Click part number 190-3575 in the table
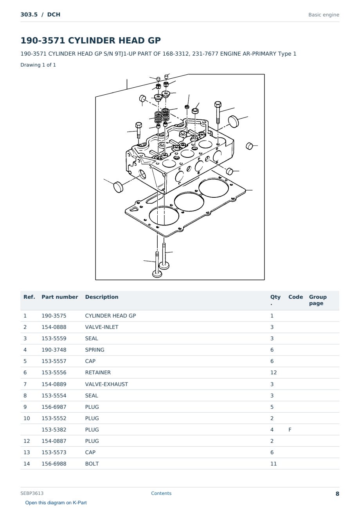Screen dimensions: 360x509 coord(54,316)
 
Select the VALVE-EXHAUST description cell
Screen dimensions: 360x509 coord(106,384)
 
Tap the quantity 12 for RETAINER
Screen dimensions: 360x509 coord(274,373)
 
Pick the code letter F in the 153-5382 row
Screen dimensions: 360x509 coord(290,430)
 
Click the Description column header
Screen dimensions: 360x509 coord(102,297)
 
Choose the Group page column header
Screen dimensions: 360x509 coord(318,300)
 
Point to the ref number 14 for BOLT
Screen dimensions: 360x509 coord(27,464)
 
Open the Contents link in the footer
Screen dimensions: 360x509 coord(161,493)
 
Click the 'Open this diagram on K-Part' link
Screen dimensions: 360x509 coord(56,503)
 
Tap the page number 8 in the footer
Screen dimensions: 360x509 coord(337,494)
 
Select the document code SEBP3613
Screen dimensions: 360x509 coord(32,493)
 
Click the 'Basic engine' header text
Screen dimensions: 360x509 coord(324,15)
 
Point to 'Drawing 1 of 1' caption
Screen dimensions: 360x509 coord(38,65)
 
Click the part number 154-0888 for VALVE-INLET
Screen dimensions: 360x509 coord(54,327)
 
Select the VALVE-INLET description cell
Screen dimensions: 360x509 coord(102,327)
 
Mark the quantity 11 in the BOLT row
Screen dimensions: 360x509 coord(274,464)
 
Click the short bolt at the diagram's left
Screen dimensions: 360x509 coord(139,130)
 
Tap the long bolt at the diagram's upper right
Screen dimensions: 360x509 coord(218,112)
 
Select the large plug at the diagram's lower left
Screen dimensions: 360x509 coord(118,187)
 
